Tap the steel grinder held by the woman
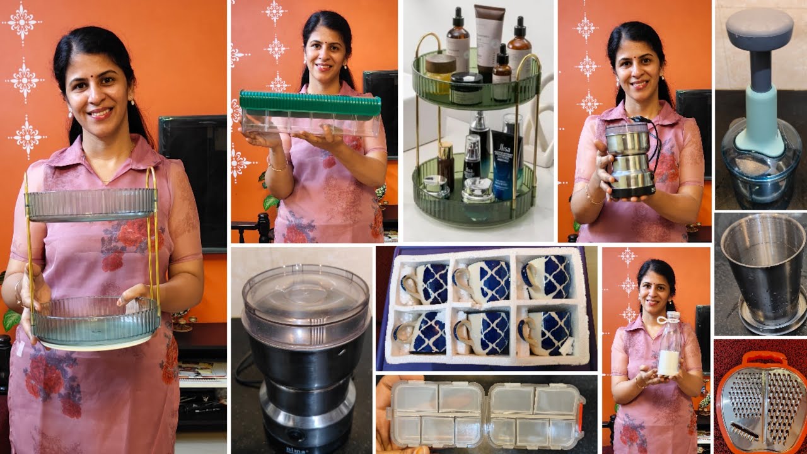click(x=629, y=158)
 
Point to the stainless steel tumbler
click(x=763, y=271)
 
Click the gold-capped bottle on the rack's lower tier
click(x=446, y=164)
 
